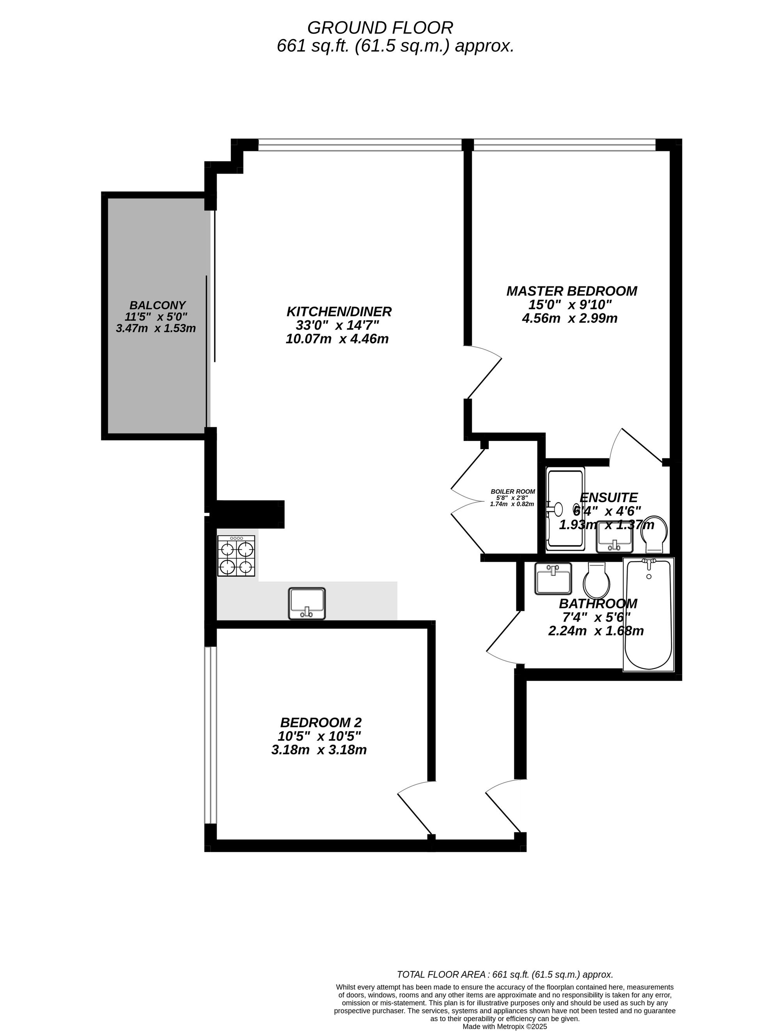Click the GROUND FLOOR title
click(x=380, y=28)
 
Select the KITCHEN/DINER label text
click(x=339, y=311)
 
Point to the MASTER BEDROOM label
click(x=572, y=291)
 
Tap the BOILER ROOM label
click(x=512, y=492)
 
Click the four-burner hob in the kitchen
click(x=236, y=556)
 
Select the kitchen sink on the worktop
click(x=307, y=603)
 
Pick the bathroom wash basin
click(x=553, y=578)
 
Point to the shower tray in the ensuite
click(x=565, y=509)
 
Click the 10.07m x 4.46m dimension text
click(x=337, y=339)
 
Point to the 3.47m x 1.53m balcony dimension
click(x=156, y=328)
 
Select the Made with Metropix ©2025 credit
click(x=505, y=1026)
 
